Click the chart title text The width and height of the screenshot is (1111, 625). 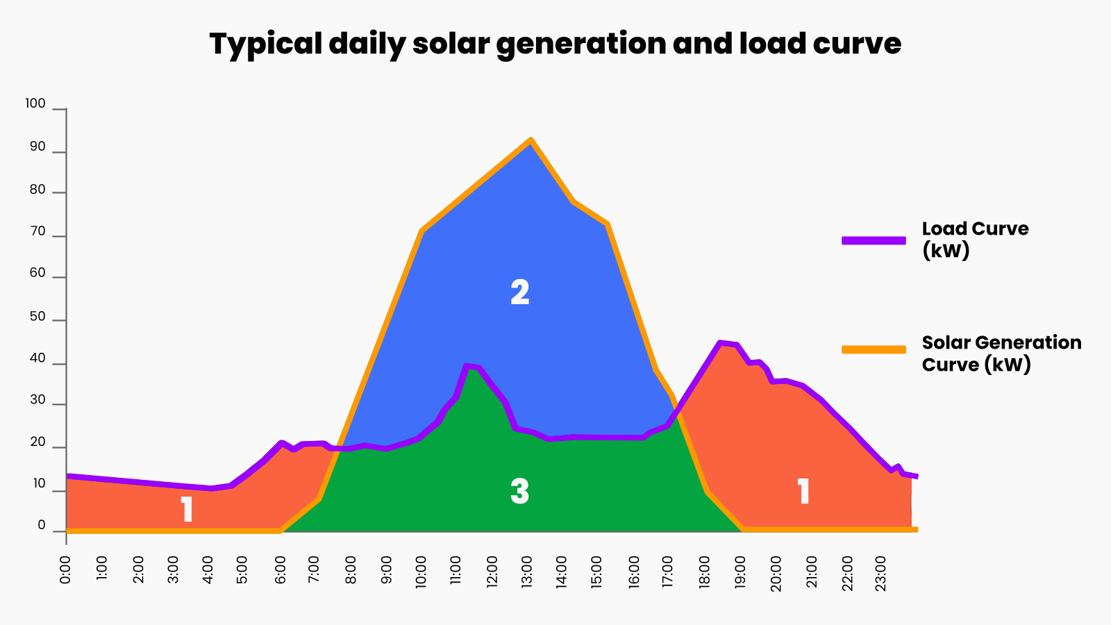tap(555, 44)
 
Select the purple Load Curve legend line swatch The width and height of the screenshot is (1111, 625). tap(874, 240)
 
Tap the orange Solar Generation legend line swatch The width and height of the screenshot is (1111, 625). tap(874, 349)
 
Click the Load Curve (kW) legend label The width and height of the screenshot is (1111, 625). tap(975, 239)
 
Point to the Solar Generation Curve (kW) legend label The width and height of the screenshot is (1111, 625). tap(1001, 353)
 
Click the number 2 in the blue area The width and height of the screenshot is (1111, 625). tap(520, 292)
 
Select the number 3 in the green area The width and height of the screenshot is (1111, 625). tap(519, 492)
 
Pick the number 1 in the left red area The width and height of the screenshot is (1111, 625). tap(187, 509)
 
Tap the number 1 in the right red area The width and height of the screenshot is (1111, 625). tap(803, 492)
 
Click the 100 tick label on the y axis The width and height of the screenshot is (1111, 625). tap(35, 103)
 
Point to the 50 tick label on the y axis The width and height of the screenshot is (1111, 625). tap(37, 317)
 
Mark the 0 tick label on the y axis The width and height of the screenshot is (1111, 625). tap(42, 525)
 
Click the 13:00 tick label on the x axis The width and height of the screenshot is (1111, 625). tap(527, 572)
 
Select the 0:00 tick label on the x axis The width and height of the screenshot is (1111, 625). tap(65, 569)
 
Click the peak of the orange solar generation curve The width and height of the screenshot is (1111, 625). tap(531, 140)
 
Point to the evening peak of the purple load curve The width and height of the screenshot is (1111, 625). tap(721, 342)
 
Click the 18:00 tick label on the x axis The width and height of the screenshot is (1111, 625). tap(704, 572)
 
